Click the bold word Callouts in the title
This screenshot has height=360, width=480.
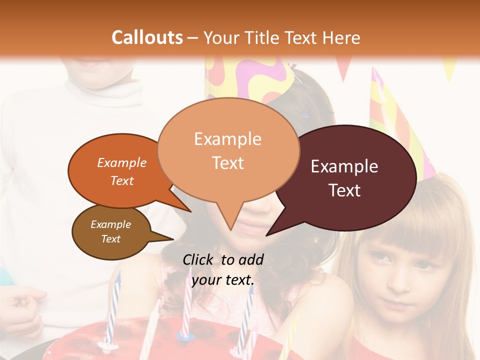coord(147,37)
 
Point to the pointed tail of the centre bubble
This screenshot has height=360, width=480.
coord(230,225)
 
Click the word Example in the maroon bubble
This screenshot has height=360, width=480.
coord(344,166)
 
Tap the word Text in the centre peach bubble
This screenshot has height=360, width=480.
coord(228,163)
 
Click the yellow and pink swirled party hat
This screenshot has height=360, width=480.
coord(250,75)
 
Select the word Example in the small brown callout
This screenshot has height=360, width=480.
coord(110,224)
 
